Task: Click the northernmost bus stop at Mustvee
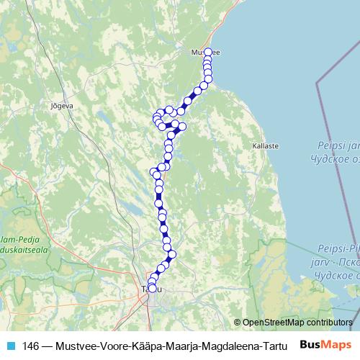208,52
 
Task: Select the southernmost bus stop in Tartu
151,289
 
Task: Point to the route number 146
31,345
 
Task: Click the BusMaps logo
325,344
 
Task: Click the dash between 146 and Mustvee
48,345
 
